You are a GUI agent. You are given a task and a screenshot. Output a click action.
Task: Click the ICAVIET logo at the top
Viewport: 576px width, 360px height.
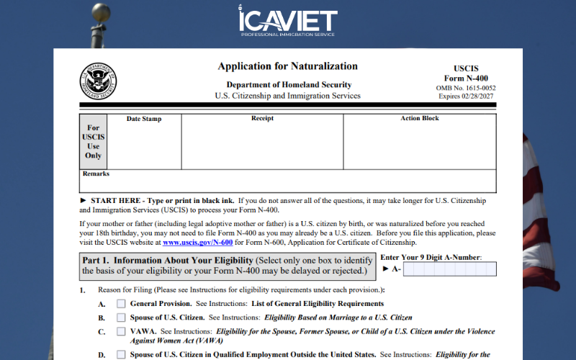tap(287, 22)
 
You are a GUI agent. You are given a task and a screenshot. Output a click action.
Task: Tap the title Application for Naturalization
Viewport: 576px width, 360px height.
tap(287, 66)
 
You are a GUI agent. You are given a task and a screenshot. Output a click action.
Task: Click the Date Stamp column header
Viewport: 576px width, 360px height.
tap(144, 119)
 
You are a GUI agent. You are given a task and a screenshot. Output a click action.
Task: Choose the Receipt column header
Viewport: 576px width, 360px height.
tap(262, 119)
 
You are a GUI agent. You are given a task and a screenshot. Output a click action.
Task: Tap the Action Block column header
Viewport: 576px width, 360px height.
tap(420, 119)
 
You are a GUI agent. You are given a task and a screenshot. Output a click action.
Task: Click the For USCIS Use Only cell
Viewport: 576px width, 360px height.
tap(94, 141)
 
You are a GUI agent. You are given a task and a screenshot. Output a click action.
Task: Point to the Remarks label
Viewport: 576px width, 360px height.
tap(96, 174)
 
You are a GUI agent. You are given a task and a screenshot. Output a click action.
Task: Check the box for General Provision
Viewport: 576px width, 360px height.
tap(121, 304)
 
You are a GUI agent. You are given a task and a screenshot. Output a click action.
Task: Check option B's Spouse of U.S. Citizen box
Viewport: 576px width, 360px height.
tap(121, 318)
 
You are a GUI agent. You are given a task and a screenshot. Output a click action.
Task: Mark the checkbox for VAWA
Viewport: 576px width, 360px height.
tap(121, 332)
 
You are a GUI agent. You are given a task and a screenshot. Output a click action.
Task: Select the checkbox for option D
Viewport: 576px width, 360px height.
tap(121, 354)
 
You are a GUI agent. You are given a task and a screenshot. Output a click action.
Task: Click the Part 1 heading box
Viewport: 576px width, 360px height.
tap(226, 266)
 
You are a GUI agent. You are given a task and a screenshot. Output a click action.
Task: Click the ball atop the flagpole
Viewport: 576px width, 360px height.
tap(102, 13)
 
